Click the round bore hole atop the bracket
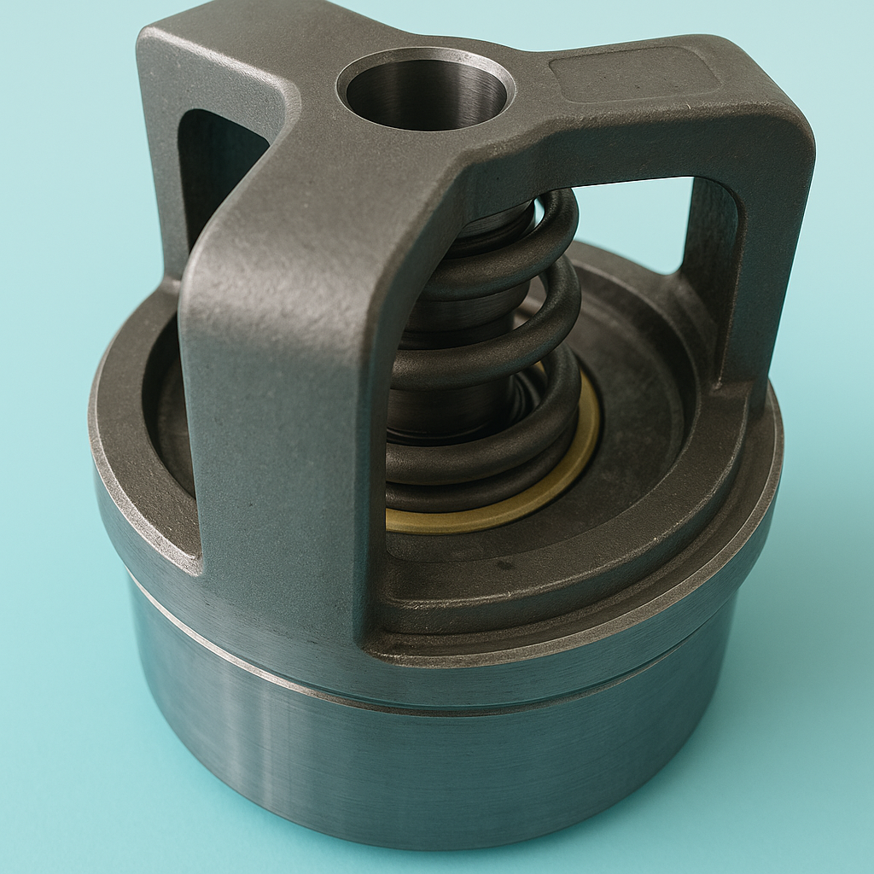(x=426, y=90)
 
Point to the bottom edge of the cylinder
(x=427, y=841)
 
